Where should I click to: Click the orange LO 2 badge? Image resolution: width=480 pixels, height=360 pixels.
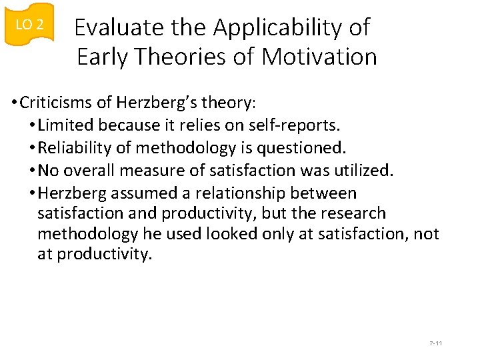[x=29, y=25]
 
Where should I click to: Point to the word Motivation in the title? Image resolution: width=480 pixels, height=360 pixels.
[x=319, y=57]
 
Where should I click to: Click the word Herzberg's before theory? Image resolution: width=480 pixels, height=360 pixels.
[x=147, y=103]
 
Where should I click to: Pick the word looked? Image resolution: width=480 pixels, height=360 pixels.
[x=227, y=234]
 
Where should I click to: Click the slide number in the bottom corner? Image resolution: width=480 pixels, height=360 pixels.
[x=436, y=343]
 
